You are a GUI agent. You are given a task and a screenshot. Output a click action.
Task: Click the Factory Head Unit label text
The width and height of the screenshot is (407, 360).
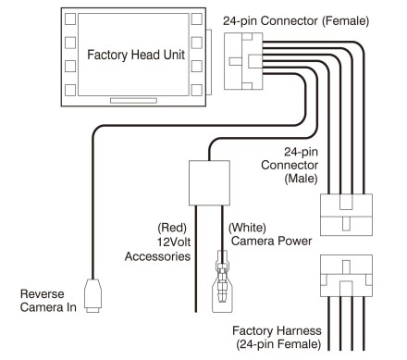coord(136,55)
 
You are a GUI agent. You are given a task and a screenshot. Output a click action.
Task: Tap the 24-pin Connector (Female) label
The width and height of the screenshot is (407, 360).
coord(296,21)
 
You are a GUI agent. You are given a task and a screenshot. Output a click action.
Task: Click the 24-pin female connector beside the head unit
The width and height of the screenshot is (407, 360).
coord(243,61)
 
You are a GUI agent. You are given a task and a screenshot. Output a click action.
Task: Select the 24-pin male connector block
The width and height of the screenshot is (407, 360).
coord(346,215)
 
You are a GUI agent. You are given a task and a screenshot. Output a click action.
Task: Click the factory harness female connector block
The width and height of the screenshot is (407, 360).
coord(346,276)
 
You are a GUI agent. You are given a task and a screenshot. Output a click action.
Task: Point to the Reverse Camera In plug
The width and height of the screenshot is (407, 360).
coord(92,295)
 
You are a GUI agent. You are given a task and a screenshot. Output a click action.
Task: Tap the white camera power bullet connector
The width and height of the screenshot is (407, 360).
coord(222,281)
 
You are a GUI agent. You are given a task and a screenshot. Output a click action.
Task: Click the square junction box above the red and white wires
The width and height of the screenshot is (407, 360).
coord(209,183)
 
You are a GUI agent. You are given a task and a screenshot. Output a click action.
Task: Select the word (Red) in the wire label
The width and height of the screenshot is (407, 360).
coord(172,228)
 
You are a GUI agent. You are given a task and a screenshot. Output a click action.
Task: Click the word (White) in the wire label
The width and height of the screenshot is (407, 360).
coord(247,228)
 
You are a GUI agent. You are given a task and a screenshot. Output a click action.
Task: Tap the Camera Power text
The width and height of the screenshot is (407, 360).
coord(271,241)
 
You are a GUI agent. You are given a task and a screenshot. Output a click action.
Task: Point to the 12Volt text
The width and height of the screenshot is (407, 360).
coord(174,242)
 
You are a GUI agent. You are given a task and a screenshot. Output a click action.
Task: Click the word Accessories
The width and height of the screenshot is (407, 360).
coord(157,256)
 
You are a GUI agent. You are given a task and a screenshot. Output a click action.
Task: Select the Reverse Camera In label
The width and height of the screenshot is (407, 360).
coord(48,301)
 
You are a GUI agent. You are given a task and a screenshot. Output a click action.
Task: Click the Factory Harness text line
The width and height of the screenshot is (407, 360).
coord(277,330)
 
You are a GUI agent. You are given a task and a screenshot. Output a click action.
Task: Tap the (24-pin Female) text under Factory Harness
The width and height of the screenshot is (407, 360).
coord(278,344)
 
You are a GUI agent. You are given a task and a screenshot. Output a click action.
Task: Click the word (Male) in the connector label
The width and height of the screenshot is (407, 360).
coord(301,179)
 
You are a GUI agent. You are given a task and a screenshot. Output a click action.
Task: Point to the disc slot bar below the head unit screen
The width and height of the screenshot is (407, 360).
coord(133,101)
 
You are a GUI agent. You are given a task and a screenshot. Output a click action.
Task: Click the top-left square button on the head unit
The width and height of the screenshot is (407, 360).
coord(70,19)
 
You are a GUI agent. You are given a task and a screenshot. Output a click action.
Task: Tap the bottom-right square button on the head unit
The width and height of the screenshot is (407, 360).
coord(197,90)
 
